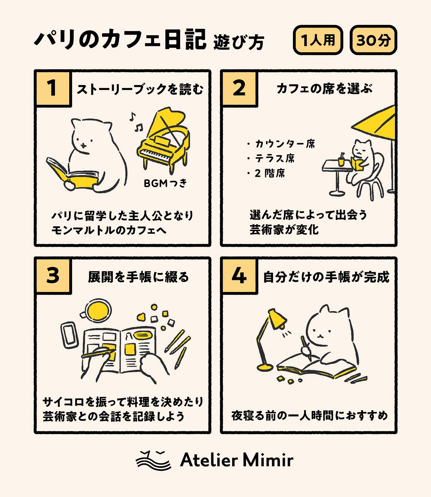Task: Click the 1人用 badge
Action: (x=318, y=40)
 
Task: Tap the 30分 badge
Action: (x=373, y=40)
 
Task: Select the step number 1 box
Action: (x=53, y=88)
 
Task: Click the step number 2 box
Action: (x=239, y=88)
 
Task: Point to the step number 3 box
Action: (x=53, y=275)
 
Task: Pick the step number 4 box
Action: (x=239, y=275)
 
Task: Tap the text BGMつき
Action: (x=165, y=183)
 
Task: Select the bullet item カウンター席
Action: (x=281, y=144)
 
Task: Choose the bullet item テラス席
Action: (x=271, y=158)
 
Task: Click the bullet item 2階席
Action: (x=266, y=173)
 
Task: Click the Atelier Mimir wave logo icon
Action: (x=154, y=460)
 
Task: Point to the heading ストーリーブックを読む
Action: (x=140, y=89)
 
